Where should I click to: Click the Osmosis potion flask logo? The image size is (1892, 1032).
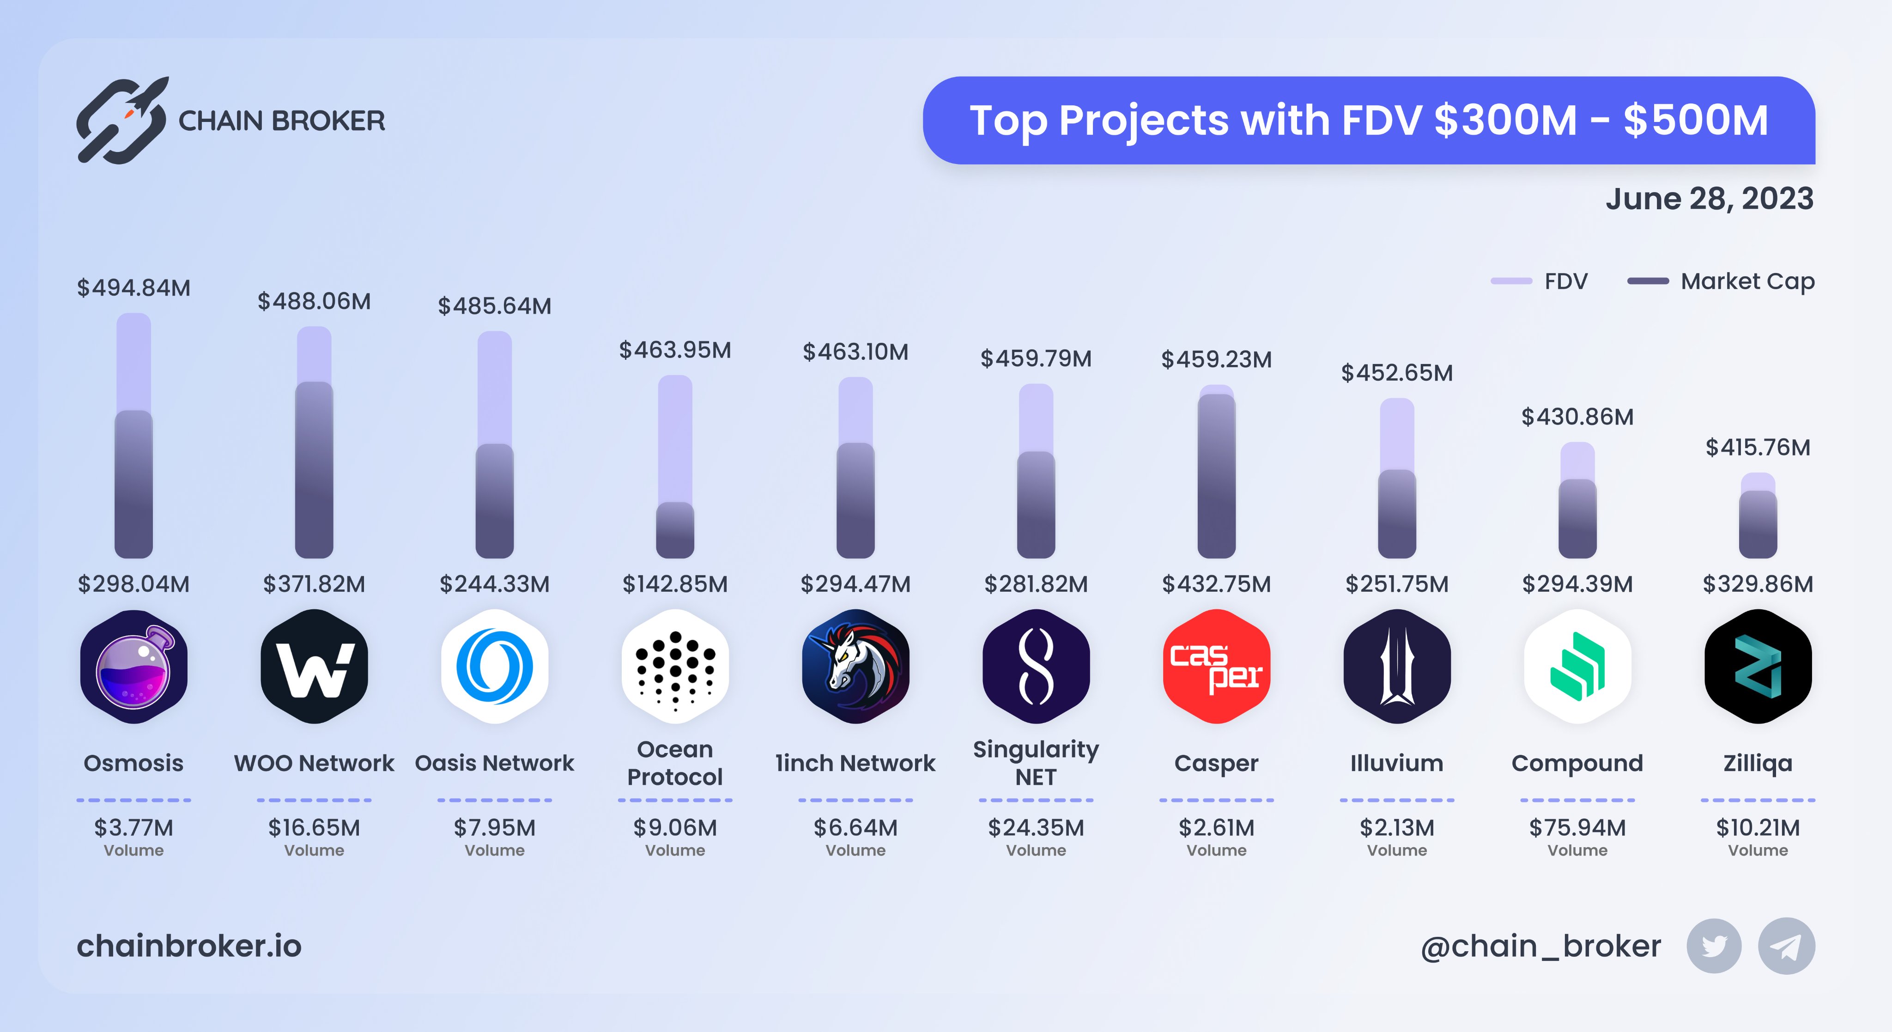[x=133, y=666]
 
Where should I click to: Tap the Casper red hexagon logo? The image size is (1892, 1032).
[x=1216, y=666]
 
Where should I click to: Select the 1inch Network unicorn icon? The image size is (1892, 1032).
[x=855, y=666]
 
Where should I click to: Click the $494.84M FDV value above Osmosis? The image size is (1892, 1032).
[x=133, y=287]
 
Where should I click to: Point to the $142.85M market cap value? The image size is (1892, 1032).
[x=675, y=584]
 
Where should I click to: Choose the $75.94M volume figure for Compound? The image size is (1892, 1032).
[x=1577, y=828]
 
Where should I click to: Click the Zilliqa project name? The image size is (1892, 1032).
[x=1758, y=763]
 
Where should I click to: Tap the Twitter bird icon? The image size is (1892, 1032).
[x=1714, y=946]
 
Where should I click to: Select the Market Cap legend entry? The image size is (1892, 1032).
[x=1721, y=281]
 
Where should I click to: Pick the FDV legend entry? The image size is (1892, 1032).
[x=1540, y=281]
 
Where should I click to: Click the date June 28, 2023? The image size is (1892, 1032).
[x=1709, y=199]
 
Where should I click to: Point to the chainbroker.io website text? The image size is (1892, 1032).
[x=189, y=946]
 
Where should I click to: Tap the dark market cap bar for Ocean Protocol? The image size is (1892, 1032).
[x=675, y=530]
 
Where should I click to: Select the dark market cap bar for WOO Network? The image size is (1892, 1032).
[x=315, y=470]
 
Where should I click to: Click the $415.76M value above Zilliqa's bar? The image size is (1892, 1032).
[x=1758, y=447]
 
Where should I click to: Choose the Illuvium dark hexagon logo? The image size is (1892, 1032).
[x=1397, y=666]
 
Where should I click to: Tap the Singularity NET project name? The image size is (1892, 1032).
[x=1036, y=763]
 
